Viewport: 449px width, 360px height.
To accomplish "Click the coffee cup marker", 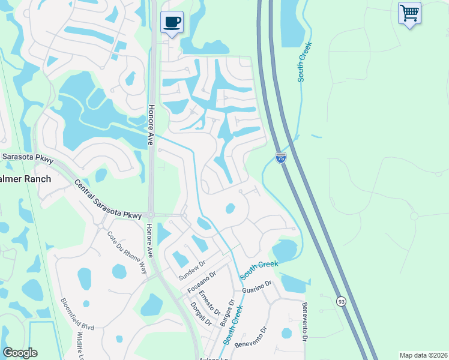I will point(172,22).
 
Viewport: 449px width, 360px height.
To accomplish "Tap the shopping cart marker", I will point(409,13).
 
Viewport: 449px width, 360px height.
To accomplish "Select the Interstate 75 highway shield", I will point(281,158).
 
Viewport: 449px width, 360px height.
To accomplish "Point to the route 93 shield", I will point(342,301).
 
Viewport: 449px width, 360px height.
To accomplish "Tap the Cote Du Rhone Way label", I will point(126,252).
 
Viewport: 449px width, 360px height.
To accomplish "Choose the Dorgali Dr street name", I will point(202,313).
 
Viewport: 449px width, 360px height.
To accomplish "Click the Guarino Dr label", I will point(258,286).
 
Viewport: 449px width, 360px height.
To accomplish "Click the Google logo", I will point(20,353).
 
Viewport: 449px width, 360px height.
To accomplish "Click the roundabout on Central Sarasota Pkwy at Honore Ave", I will point(151,214).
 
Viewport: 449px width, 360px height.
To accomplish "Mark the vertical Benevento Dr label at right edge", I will point(305,326).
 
